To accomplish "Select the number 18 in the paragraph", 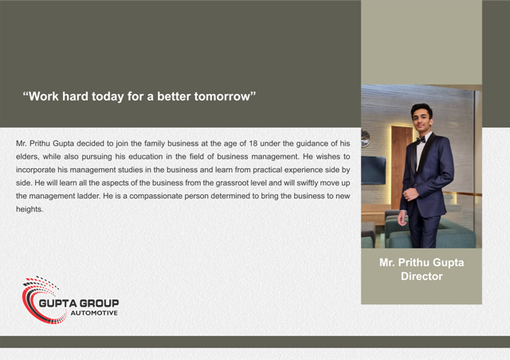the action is coord(253,143).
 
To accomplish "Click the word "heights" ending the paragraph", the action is coord(29,209).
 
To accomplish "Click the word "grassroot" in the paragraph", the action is coord(232,182).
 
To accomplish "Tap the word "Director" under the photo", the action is coord(422,276).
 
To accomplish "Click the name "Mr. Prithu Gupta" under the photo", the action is coord(422,263).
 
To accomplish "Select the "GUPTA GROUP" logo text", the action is coord(79,303).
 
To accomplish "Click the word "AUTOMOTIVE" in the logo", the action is coord(94,313).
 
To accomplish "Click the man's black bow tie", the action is coord(421,140).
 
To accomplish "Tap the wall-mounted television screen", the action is coord(374,170).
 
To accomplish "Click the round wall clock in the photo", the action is coord(365,139).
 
